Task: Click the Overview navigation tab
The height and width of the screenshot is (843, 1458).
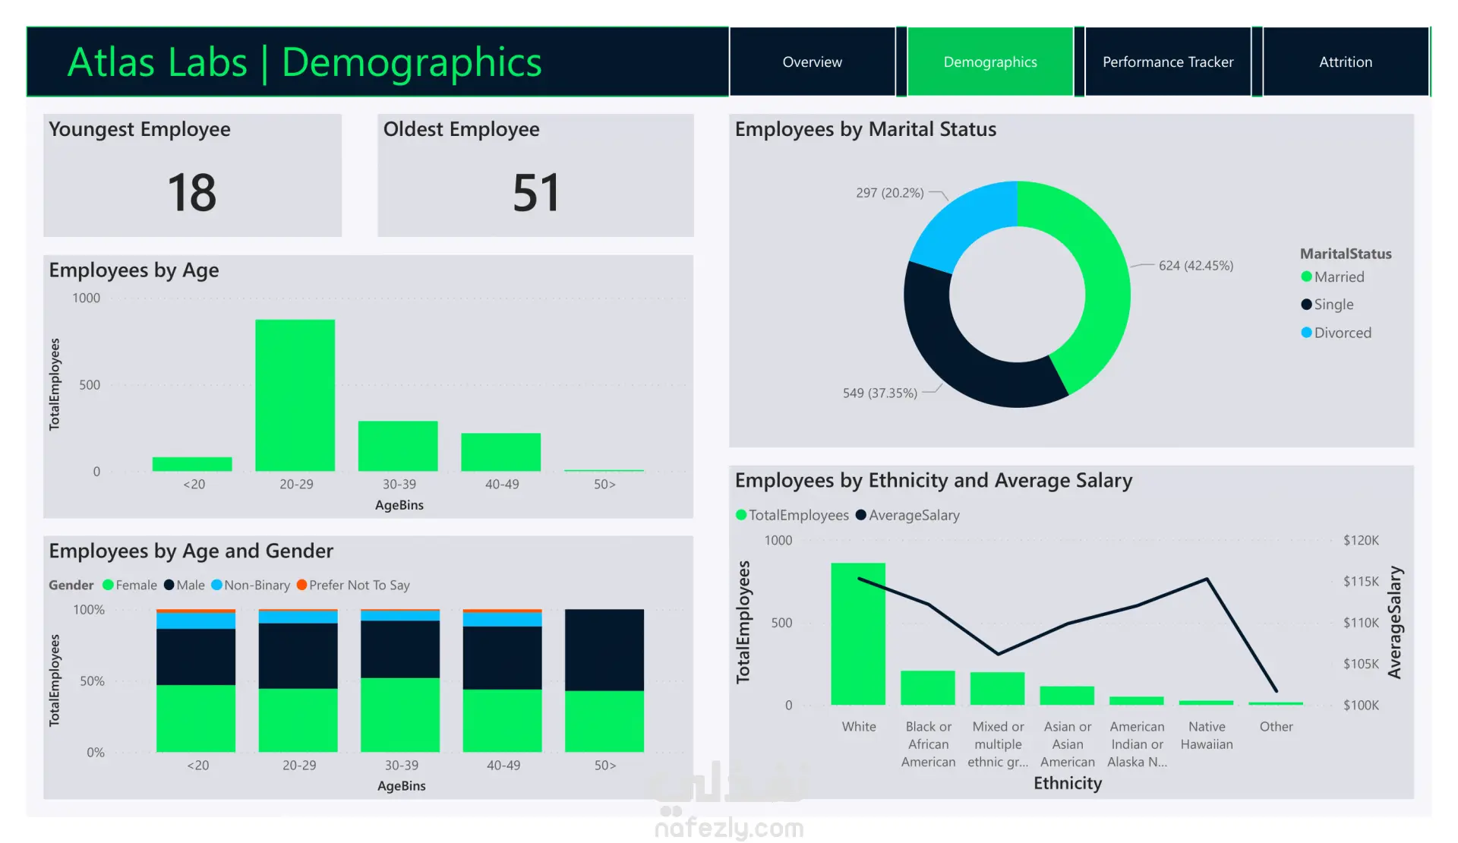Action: point(812,62)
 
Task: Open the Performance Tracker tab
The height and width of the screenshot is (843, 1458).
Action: point(1168,62)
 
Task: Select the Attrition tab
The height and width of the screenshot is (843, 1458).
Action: point(1346,62)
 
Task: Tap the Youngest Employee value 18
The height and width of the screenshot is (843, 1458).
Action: point(192,192)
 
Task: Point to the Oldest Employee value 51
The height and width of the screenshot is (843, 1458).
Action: point(536,192)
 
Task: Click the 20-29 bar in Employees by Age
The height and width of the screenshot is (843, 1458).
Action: point(295,395)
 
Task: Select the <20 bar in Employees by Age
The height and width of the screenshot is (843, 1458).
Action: point(192,464)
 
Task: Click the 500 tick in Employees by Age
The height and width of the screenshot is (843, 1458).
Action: point(90,385)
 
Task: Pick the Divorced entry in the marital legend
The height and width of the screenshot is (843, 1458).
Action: point(1336,333)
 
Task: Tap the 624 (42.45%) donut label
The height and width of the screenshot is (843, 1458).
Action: point(1196,265)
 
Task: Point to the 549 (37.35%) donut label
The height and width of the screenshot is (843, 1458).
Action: point(880,393)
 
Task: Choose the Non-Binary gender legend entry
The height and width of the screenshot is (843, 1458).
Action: point(251,585)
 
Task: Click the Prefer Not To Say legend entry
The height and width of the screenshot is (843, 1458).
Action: point(353,585)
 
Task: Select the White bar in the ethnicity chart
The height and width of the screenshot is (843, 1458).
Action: point(858,633)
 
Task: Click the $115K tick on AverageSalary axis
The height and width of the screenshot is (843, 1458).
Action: point(1361,581)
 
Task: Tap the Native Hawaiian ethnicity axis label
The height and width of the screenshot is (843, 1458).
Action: point(1207,735)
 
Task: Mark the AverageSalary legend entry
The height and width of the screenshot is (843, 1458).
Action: point(907,515)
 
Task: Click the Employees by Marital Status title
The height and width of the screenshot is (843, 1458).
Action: point(866,129)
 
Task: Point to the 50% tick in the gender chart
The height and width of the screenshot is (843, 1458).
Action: point(92,680)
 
